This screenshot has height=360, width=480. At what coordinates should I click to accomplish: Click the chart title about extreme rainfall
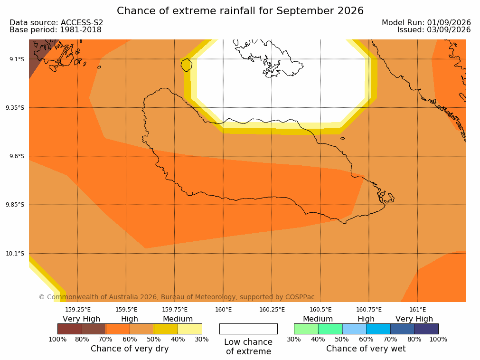click(x=240, y=11)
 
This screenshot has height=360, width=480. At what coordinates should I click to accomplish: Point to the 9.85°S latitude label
click(x=15, y=205)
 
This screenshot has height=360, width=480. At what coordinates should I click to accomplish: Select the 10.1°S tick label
click(x=15, y=254)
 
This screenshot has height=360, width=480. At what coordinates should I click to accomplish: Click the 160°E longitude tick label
click(x=223, y=310)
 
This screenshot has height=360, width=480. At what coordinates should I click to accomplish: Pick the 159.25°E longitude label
click(x=78, y=310)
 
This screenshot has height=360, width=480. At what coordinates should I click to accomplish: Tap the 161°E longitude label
click(x=417, y=310)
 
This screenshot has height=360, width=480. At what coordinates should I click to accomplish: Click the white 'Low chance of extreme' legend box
click(x=248, y=329)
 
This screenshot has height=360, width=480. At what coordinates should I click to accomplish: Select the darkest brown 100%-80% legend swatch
click(x=70, y=329)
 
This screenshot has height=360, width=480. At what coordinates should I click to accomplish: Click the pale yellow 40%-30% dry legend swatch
click(x=190, y=329)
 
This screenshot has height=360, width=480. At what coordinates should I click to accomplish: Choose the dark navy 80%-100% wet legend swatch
click(x=426, y=329)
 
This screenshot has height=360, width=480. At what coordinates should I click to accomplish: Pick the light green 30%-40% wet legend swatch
click(x=306, y=329)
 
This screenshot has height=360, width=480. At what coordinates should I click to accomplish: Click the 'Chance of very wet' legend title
click(x=366, y=349)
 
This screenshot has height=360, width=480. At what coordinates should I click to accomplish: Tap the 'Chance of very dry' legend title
click(x=130, y=349)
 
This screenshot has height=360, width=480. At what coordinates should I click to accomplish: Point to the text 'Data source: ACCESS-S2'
click(x=56, y=23)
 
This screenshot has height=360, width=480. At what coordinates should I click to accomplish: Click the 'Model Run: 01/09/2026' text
click(x=426, y=23)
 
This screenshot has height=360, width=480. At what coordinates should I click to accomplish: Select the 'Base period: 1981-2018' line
click(x=56, y=30)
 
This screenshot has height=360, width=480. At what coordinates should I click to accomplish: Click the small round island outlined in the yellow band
click(x=187, y=65)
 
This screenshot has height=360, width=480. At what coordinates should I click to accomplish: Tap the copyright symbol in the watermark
click(x=42, y=297)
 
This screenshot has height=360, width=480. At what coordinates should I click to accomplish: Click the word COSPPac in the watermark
click(x=300, y=297)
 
